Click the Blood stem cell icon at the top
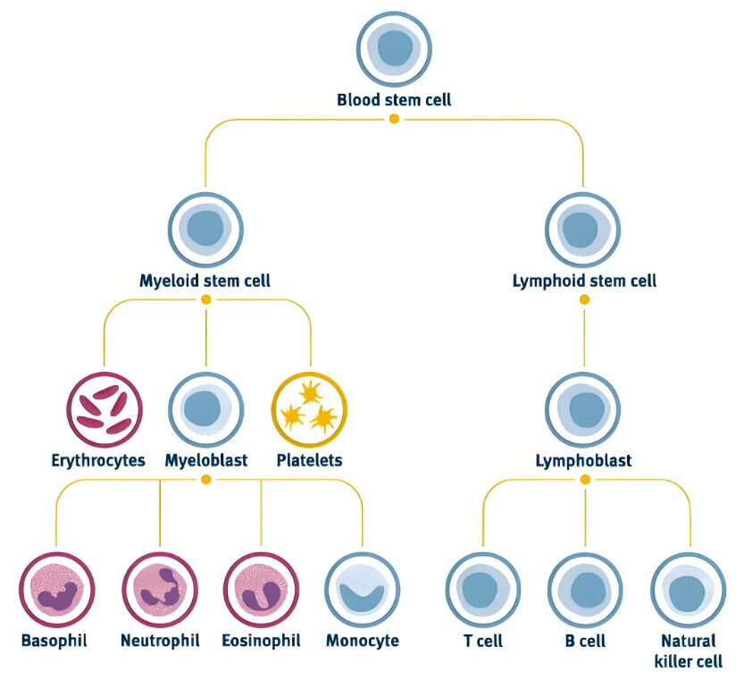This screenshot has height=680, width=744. coord(394,48)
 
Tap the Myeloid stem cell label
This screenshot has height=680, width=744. coord(205,281)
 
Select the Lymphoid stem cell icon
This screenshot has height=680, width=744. coord(583,229)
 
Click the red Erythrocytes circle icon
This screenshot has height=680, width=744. coord(104,409)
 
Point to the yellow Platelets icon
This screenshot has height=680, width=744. coord(309,409)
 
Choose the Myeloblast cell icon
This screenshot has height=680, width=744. coord(206,409)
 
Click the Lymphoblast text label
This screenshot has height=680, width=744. coord(583,461)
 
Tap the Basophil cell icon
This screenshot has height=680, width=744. coord(57,590)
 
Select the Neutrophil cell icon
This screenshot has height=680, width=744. coord(160,590)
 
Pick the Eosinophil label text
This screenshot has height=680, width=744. coord(262,641)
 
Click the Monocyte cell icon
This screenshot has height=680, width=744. coord(363,590)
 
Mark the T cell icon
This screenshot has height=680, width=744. coord(483,590)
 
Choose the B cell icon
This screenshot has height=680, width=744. coord(586,590)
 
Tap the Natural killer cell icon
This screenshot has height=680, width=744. coord(689,590)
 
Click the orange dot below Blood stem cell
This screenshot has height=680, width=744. coord(394,119)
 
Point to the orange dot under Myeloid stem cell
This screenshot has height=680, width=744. coord(206,299)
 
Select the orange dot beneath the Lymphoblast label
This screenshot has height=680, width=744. coord(585,480)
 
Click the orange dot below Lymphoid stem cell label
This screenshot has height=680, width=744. coord(584,299)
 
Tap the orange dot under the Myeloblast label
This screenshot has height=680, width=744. coord(206,480)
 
